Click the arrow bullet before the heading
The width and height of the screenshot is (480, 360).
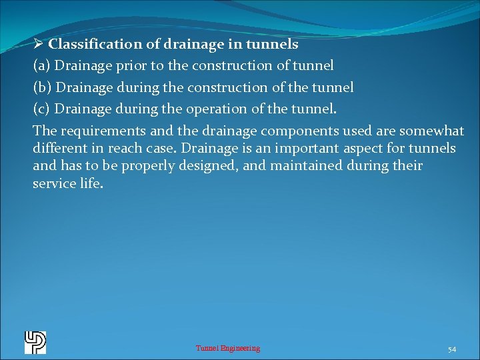click(38, 45)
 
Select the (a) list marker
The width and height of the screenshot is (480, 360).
click(41, 66)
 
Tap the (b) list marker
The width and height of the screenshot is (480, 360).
click(42, 87)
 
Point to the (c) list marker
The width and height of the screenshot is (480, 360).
click(41, 109)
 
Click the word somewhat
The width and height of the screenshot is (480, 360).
click(431, 131)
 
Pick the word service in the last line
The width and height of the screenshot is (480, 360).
click(54, 183)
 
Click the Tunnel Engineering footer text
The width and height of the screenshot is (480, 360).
click(227, 348)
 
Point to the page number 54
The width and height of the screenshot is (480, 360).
click(451, 349)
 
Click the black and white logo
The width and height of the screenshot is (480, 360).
click(35, 342)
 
